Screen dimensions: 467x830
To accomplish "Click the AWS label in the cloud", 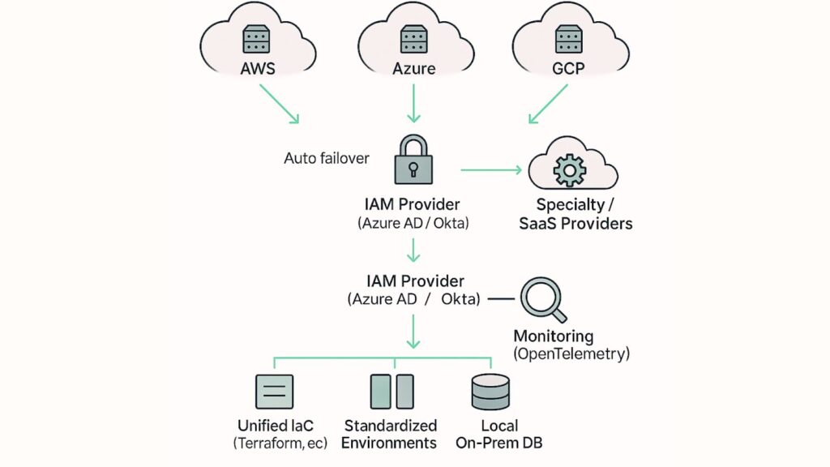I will [258, 69].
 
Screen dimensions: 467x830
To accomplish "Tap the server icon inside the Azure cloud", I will [414, 39].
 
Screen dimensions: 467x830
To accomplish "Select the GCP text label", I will [568, 69].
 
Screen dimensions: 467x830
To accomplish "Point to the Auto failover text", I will [326, 158].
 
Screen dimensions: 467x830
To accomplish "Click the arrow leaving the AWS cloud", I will [279, 105].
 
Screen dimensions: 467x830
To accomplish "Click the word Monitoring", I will [554, 336].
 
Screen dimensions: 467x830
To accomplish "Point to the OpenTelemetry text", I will [571, 353].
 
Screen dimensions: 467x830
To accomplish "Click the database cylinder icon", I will [490, 392].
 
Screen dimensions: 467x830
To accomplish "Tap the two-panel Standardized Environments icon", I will [391, 392].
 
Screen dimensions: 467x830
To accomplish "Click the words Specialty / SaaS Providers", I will [575, 214].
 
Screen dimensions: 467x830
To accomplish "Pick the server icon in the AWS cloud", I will [258, 39].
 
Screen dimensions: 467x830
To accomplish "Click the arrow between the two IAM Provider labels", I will [413, 251].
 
